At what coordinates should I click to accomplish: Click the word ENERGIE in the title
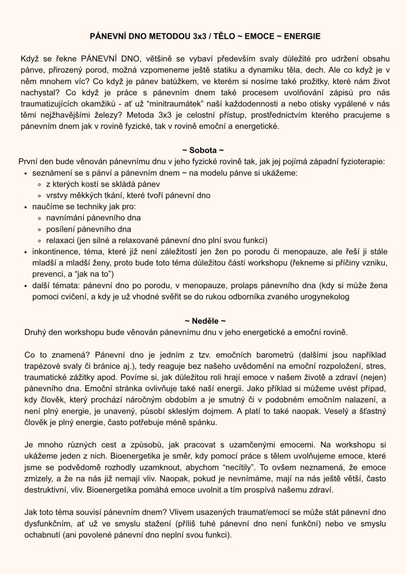(x=301, y=36)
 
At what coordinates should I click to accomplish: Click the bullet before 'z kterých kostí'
(x=38, y=184)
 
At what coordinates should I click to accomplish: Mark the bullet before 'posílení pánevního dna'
(x=38, y=230)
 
